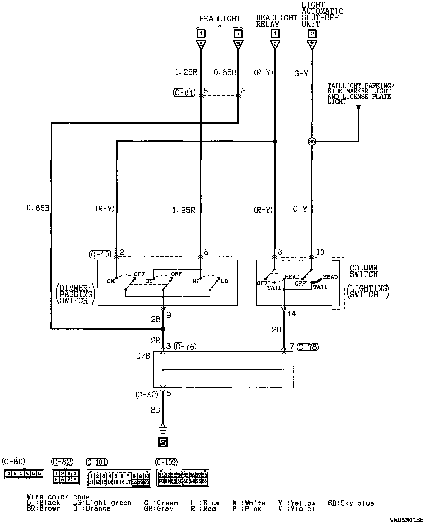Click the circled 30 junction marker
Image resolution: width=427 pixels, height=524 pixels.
point(312,142)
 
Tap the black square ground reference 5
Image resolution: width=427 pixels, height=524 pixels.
point(163,442)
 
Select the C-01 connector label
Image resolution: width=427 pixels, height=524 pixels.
point(184,92)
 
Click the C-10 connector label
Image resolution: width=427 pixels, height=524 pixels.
point(100,254)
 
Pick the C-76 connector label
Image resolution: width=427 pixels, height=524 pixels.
point(185,346)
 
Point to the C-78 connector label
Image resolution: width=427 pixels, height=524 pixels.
point(308,346)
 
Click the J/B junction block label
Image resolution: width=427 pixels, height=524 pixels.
point(143,356)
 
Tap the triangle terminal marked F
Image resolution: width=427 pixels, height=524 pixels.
point(312,44)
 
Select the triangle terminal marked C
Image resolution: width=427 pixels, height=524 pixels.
point(275,44)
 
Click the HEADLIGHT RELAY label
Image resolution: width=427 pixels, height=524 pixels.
point(276,21)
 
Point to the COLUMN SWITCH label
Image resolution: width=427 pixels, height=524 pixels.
point(364,271)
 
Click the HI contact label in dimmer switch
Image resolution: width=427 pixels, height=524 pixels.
point(196,281)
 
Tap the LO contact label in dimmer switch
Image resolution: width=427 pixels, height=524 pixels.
point(224,281)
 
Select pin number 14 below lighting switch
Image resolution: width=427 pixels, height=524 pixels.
point(291,314)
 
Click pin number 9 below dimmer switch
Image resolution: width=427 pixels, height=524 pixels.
point(169,314)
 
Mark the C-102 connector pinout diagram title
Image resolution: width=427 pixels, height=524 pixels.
point(166,462)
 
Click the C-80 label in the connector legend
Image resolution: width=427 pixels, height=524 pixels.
point(13,462)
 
